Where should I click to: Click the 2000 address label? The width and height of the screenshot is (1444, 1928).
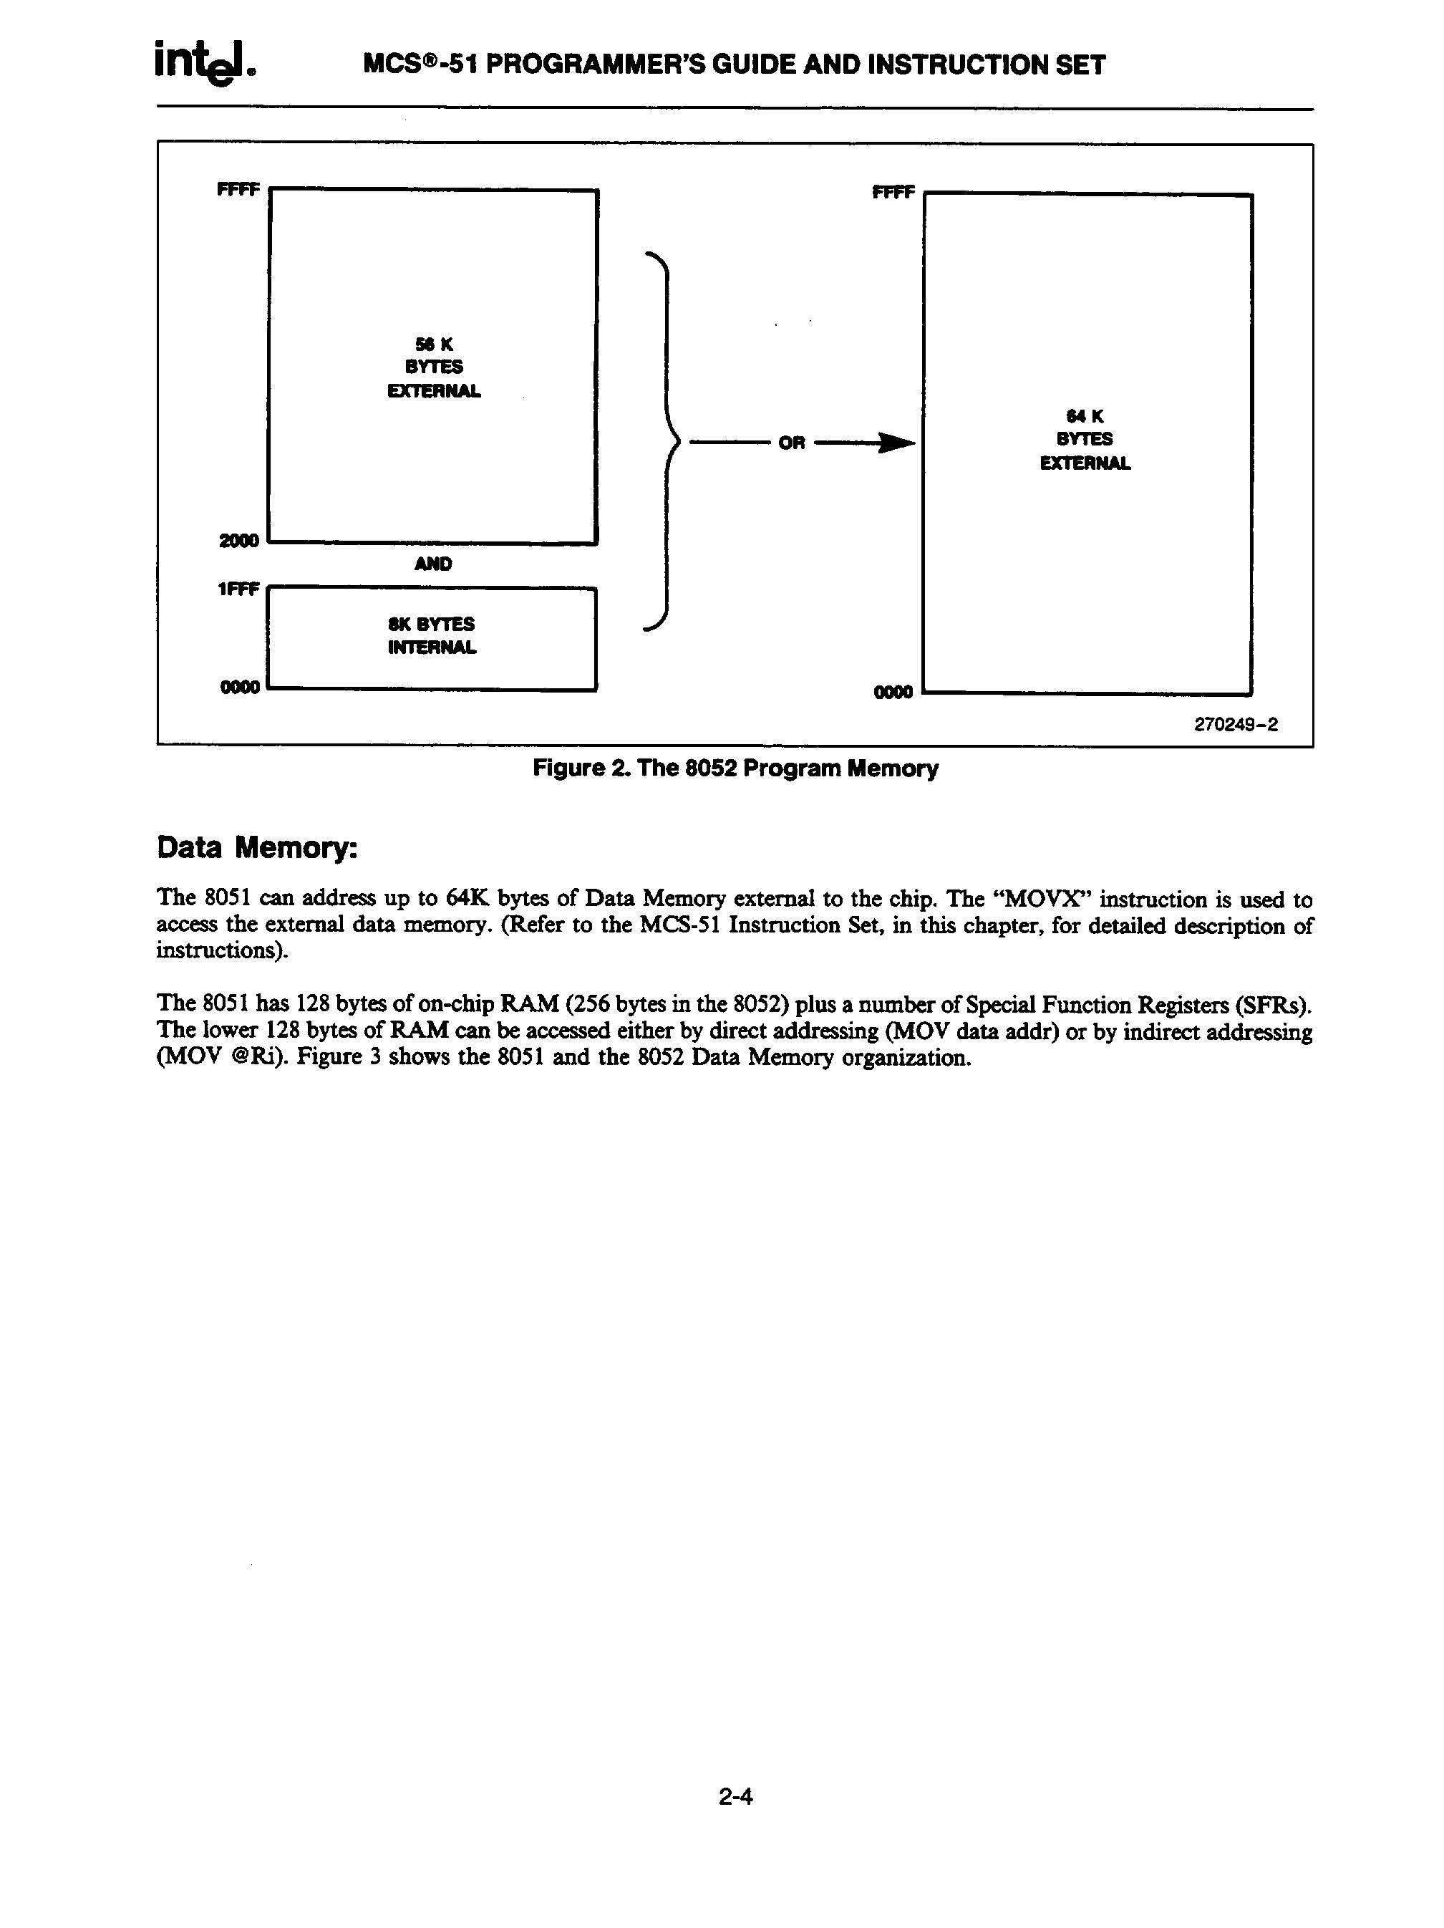239,541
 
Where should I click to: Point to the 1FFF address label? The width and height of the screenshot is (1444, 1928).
238,589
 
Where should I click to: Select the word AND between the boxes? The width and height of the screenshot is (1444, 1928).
433,564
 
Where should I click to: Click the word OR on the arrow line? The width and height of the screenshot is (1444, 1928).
791,443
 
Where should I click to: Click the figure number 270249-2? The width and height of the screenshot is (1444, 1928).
1235,724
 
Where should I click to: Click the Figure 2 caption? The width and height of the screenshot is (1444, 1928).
735,768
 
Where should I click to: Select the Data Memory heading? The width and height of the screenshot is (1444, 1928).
256,848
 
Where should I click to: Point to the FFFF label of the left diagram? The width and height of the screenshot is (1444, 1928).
238,189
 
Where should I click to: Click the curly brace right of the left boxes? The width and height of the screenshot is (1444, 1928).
666,441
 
